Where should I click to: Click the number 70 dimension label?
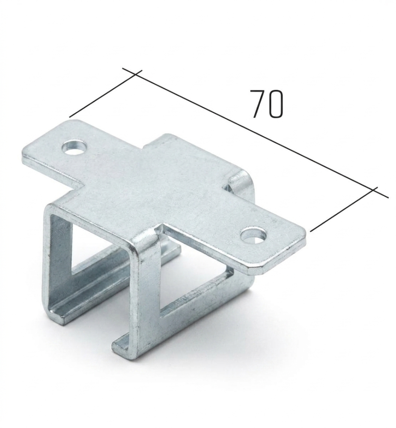click(267, 104)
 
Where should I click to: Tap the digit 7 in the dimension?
click(258, 104)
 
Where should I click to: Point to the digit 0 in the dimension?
click(275, 104)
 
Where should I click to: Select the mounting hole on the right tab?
click(254, 235)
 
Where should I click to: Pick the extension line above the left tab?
click(106, 94)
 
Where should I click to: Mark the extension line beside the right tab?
click(344, 209)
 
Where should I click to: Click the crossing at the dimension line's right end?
click(373, 190)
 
